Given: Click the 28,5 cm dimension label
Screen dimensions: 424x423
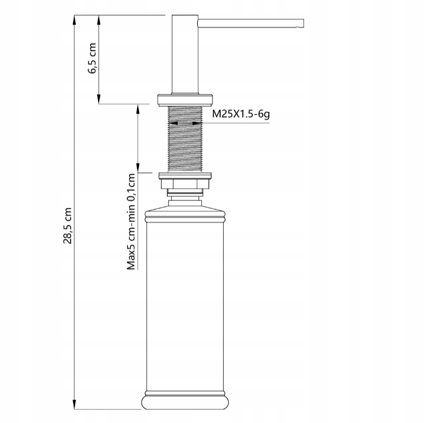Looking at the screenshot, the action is point(67,226).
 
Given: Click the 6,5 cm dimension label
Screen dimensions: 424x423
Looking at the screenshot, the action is point(92,58).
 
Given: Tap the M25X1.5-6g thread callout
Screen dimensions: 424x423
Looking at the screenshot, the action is point(241,114).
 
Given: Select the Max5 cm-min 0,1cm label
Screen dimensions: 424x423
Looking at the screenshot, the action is point(131,222).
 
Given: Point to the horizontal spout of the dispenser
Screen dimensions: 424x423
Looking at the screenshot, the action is point(251,23).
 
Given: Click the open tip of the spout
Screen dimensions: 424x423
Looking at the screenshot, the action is point(303,23).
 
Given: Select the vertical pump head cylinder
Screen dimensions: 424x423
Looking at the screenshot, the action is point(185,55).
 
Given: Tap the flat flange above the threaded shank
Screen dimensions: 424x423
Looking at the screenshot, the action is point(186,100).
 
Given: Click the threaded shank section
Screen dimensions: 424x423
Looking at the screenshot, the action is point(185,139).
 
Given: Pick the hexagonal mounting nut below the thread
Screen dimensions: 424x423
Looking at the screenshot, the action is point(185,184).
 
